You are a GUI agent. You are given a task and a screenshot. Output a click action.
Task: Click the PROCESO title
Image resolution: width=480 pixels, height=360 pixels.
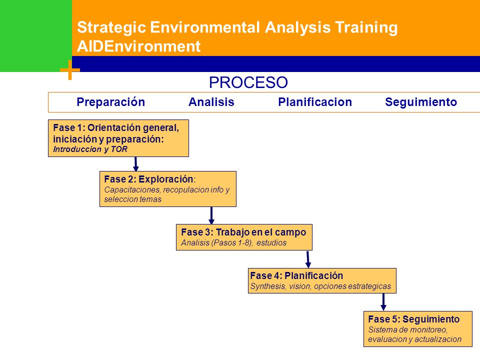click(248, 82)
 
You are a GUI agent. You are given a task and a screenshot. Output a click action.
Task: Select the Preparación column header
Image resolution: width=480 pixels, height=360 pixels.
click(111, 102)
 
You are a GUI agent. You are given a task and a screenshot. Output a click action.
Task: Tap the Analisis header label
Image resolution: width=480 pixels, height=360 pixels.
click(211, 102)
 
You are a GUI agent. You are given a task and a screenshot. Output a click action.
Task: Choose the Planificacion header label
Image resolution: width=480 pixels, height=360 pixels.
click(315, 102)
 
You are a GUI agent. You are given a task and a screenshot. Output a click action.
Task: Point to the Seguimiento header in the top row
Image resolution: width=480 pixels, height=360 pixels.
click(421, 102)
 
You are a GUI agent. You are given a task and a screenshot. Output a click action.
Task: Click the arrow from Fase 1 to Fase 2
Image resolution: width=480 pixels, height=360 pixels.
click(136, 164)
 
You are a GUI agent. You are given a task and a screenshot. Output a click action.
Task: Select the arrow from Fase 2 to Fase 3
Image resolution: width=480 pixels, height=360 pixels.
click(211, 215)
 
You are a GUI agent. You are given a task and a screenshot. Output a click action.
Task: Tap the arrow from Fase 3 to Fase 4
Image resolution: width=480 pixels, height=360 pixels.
click(308, 259)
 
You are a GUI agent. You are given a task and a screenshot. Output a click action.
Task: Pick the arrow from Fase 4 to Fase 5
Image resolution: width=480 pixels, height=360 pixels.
click(383, 302)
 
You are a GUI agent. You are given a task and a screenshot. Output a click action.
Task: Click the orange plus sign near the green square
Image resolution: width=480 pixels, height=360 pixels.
click(70, 70)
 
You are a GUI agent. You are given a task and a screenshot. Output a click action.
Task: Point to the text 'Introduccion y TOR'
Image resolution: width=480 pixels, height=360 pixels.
click(90, 149)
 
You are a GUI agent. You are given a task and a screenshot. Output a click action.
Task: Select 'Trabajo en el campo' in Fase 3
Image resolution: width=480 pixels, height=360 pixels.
click(261, 232)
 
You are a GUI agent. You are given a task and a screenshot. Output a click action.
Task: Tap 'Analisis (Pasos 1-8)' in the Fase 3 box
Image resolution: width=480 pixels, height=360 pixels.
click(216, 243)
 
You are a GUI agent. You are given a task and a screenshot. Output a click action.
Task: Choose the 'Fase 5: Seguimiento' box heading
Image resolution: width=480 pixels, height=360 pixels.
click(414, 319)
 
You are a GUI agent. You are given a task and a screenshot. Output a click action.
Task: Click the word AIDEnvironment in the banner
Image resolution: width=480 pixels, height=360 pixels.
click(138, 46)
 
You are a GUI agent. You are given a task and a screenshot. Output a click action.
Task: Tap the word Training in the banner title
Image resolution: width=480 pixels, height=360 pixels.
click(366, 27)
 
